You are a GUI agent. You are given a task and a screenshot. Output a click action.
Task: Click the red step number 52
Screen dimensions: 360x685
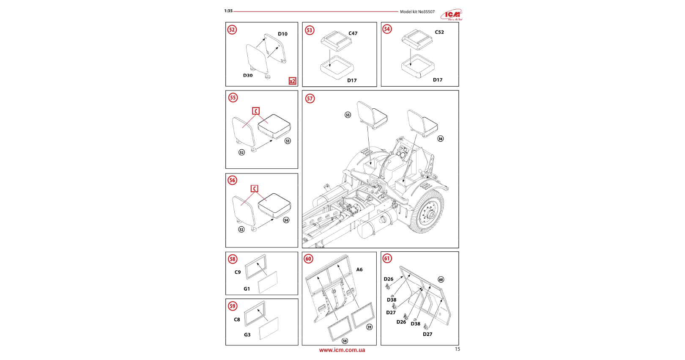tap(232, 30)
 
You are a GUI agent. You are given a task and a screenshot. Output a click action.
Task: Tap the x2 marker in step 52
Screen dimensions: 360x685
tap(292, 81)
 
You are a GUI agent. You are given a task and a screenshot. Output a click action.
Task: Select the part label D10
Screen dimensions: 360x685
tap(282, 34)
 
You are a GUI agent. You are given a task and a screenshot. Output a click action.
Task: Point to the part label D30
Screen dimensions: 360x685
tap(248, 75)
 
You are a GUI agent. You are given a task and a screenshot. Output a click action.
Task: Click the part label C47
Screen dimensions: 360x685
tap(353, 33)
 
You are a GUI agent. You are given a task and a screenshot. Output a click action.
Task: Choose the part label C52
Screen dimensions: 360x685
tap(439, 32)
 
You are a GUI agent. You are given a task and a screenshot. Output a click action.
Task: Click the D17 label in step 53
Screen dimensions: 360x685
tap(352, 80)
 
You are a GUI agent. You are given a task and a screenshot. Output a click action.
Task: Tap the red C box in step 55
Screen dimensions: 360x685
tap(256, 111)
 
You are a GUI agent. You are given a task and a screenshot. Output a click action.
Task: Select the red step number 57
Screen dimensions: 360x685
tap(310, 99)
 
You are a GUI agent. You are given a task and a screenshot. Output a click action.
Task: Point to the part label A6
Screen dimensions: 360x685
tap(359, 269)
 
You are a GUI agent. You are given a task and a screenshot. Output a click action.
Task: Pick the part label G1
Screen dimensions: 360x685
tap(247, 289)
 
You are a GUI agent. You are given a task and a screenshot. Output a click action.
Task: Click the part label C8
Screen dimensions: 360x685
tap(237, 320)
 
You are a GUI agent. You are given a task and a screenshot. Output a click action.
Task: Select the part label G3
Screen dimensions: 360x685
tap(247, 335)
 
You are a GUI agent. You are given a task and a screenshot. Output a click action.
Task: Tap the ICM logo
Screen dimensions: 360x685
tap(452, 15)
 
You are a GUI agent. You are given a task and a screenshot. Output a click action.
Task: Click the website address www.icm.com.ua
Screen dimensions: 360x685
tap(342, 350)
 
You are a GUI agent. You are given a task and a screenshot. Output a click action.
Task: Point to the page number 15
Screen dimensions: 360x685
tap(457, 349)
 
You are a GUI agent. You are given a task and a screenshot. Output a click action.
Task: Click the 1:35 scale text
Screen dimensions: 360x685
tap(228, 11)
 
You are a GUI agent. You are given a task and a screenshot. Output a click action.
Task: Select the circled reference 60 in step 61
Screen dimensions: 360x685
tap(441, 280)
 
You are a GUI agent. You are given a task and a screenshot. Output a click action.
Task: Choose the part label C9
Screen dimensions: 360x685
tap(238, 272)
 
